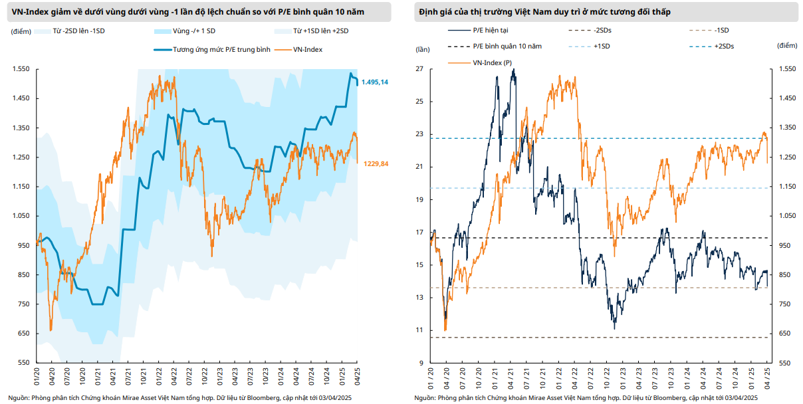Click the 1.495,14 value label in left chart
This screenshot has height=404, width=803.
[375, 82]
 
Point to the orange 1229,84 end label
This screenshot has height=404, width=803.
[376, 164]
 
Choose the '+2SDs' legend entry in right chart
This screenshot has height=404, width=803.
[729, 46]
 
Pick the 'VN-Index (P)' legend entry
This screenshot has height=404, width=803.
[493, 62]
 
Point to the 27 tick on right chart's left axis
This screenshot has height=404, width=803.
[419, 69]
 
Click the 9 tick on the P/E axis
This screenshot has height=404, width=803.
[421, 363]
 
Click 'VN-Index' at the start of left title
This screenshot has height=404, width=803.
[27, 13]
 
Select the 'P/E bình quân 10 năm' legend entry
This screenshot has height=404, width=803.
[507, 46]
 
